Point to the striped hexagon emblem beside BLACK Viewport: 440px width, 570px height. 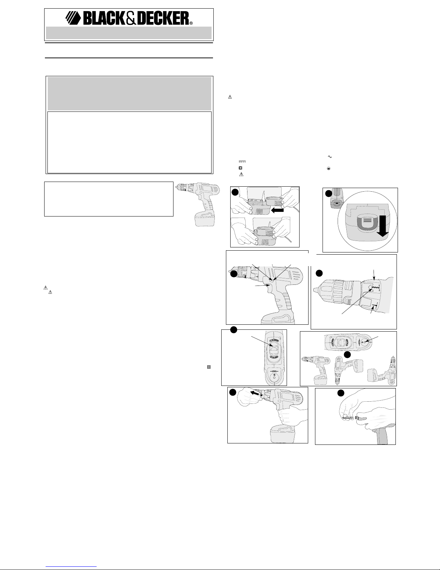[73, 18]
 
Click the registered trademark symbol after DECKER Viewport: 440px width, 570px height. [191, 23]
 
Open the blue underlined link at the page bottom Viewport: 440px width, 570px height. [71, 567]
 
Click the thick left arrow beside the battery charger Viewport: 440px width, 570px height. [278, 210]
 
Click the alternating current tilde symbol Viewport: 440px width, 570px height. [330, 157]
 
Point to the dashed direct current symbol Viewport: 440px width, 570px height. [242, 161]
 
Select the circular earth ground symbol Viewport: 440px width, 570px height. [329, 169]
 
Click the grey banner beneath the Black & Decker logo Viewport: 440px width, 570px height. [129, 33]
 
